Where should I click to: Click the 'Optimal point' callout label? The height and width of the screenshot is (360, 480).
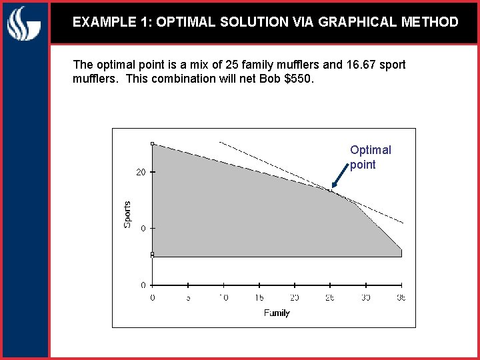(x=371, y=157)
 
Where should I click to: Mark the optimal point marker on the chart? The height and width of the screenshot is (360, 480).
(x=330, y=191)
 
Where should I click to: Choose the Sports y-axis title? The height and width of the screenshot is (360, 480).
(x=127, y=214)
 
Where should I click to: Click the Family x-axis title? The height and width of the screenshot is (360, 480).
(x=277, y=313)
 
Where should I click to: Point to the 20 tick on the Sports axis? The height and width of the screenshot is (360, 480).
(x=141, y=172)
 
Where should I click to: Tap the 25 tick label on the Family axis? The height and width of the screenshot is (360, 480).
(x=330, y=297)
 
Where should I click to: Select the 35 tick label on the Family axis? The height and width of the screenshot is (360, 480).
(x=401, y=297)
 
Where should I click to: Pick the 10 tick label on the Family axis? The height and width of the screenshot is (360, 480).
(x=223, y=297)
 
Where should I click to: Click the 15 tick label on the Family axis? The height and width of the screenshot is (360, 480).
(x=259, y=297)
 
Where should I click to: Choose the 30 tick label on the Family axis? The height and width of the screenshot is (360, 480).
(x=365, y=297)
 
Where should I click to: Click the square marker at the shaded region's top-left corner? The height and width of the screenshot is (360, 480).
(x=153, y=143)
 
